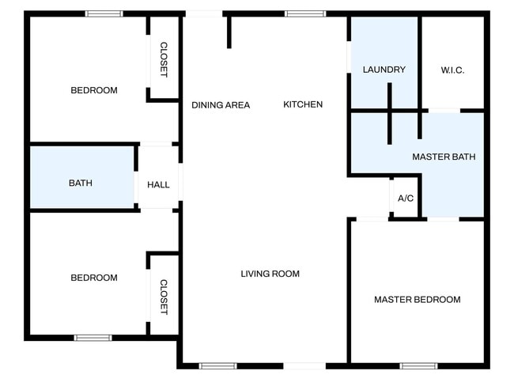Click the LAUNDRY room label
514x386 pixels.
click(384, 70)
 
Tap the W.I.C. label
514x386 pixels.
click(452, 70)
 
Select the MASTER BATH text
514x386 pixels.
click(444, 157)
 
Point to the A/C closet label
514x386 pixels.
click(405, 198)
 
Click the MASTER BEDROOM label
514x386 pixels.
click(417, 299)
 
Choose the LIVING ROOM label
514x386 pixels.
click(270, 274)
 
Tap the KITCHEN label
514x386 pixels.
click(303, 104)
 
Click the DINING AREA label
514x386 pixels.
click(221, 104)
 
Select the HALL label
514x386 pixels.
click(158, 184)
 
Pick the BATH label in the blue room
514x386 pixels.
click(81, 183)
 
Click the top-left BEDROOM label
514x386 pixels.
click(94, 90)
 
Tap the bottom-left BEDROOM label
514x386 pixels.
click(94, 278)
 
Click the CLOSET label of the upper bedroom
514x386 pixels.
click(164, 59)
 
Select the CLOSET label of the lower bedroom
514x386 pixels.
click(164, 297)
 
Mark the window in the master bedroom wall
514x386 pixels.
click(418, 365)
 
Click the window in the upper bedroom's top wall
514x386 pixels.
click(104, 13)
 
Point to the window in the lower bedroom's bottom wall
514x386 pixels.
click(93, 338)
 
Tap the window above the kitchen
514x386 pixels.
click(305, 13)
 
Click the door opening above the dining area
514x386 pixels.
click(204, 13)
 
